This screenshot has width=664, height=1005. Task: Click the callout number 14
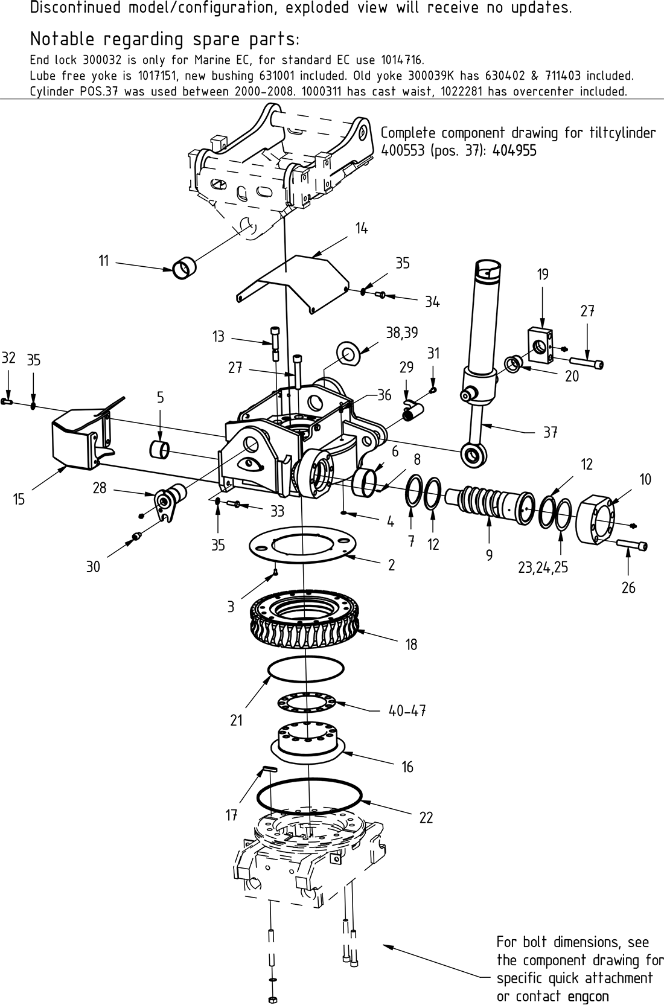(361, 228)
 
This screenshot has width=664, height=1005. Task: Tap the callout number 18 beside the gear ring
(411, 645)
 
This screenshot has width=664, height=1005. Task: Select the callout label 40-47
(407, 711)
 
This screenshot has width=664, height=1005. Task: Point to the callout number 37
(550, 432)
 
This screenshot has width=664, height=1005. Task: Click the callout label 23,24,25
(543, 567)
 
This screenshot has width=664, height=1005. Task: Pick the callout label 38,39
(401, 333)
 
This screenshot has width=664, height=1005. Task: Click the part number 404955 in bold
(514, 151)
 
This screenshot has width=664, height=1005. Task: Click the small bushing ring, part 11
(184, 267)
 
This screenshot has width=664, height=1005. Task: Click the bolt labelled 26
(631, 546)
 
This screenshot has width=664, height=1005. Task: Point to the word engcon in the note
(588, 996)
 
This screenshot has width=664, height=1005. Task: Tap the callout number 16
(407, 767)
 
